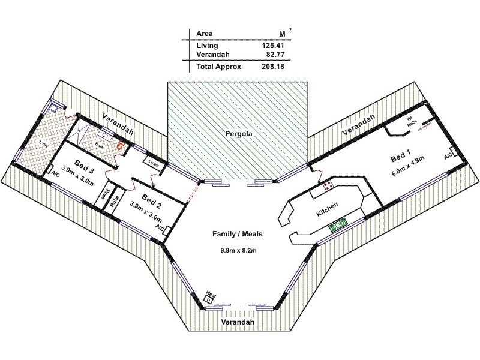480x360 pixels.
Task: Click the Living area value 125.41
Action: click(x=272, y=45)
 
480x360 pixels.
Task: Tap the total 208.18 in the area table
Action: click(x=272, y=67)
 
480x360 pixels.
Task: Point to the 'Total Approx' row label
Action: click(x=218, y=67)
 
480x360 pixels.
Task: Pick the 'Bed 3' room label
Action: click(x=83, y=163)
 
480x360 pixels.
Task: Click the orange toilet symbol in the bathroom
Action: click(x=121, y=145)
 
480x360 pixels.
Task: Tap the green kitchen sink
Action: click(x=337, y=224)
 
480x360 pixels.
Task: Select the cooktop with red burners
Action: click(x=329, y=186)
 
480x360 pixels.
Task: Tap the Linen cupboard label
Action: click(x=154, y=161)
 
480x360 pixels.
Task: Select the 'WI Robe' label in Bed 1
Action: click(x=410, y=122)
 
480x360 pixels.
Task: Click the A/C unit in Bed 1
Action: click(x=448, y=156)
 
